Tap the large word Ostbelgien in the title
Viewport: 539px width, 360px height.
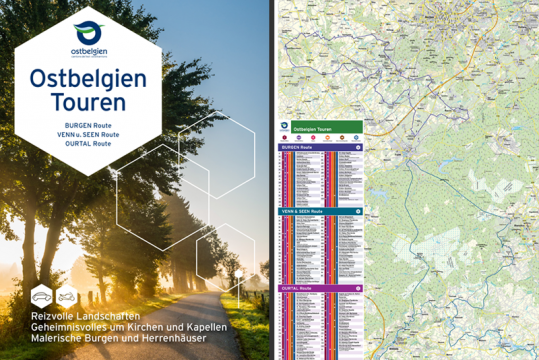pos(88,78)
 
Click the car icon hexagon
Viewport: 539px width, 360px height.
pos(42,297)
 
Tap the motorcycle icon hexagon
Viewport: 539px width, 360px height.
pos(67,297)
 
